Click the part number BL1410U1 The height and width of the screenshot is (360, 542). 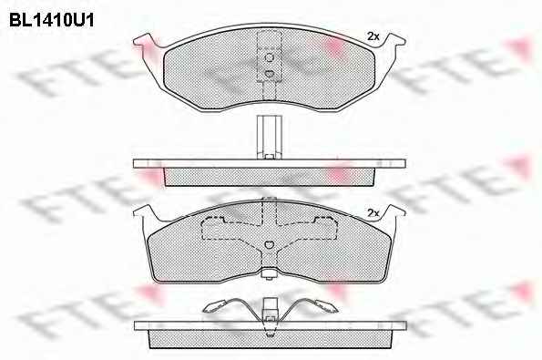(52, 20)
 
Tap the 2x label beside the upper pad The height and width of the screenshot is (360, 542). (373, 36)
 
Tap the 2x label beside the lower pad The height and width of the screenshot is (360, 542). (373, 212)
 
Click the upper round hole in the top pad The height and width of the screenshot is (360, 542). (270, 57)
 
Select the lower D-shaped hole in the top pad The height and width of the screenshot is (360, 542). (270, 73)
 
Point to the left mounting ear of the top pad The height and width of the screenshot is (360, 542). (146, 43)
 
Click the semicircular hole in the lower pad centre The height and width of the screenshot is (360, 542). (270, 244)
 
